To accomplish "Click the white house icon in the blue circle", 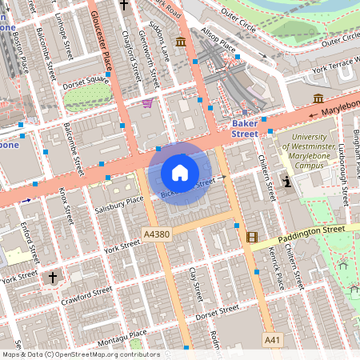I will [x=180, y=173].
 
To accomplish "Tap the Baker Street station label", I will [x=244, y=129].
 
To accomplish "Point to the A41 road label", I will [x=274, y=340].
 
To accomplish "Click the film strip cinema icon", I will [x=253, y=237].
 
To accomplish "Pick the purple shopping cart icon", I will [x=146, y=103].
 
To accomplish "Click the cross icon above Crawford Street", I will [x=54, y=278].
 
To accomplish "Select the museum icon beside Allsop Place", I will [x=181, y=41].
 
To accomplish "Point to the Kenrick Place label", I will [x=277, y=269].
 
